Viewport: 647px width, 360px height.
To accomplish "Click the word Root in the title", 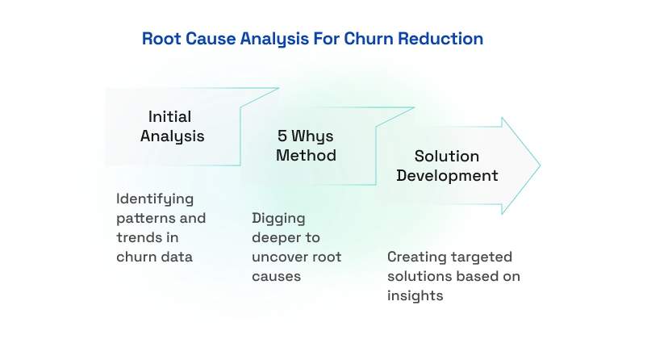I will pyautogui.click(x=161, y=39).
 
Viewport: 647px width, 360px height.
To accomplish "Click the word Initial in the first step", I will pyautogui.click(x=169, y=117).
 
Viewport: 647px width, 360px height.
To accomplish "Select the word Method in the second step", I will pyautogui.click(x=306, y=154).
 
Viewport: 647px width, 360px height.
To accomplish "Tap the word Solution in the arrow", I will pyautogui.click(x=447, y=156).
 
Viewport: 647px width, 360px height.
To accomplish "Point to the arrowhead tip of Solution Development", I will pyautogui.click(x=539, y=165).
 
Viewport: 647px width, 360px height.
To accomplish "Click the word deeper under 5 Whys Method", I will pyautogui.click(x=274, y=238).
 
